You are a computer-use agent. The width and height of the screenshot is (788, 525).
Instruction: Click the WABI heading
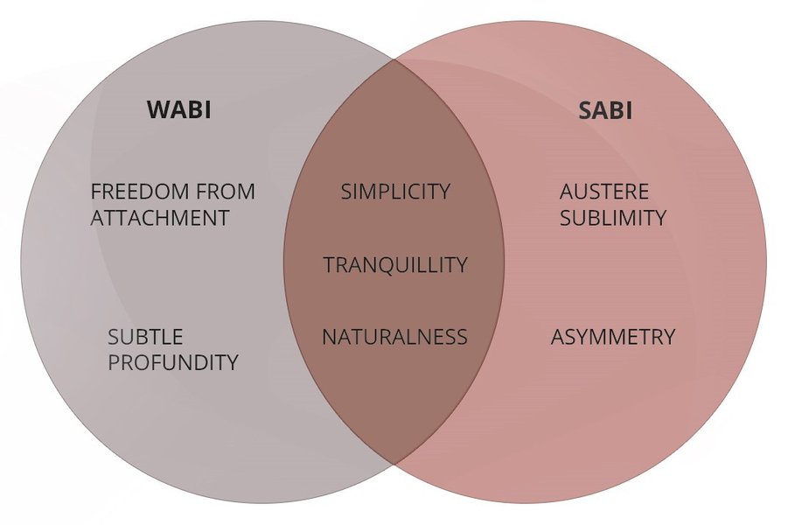point(179,110)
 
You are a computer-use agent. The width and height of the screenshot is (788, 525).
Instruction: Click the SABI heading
point(605,111)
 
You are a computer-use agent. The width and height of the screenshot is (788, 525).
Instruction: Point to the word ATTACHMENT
point(160,218)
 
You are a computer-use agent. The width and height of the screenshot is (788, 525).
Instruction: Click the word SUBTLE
point(145,337)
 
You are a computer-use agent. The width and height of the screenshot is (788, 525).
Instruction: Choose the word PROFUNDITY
point(173,362)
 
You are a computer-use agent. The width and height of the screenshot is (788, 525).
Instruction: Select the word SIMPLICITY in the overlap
point(395,192)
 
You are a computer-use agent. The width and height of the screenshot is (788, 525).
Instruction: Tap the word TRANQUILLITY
point(395,264)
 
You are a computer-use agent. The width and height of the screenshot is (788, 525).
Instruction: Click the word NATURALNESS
point(394,337)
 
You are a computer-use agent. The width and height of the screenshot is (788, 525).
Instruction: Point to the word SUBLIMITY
point(613,218)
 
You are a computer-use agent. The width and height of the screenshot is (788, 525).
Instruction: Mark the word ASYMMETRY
point(613,337)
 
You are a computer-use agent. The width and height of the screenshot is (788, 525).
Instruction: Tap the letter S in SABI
point(585,111)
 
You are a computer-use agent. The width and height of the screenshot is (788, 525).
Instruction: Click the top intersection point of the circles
point(394,62)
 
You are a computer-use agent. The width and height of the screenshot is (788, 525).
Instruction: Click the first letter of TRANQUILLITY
point(328,264)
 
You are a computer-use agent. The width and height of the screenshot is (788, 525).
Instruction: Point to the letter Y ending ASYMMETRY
point(669,337)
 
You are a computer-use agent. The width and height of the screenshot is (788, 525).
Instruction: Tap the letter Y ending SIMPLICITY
point(444,192)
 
